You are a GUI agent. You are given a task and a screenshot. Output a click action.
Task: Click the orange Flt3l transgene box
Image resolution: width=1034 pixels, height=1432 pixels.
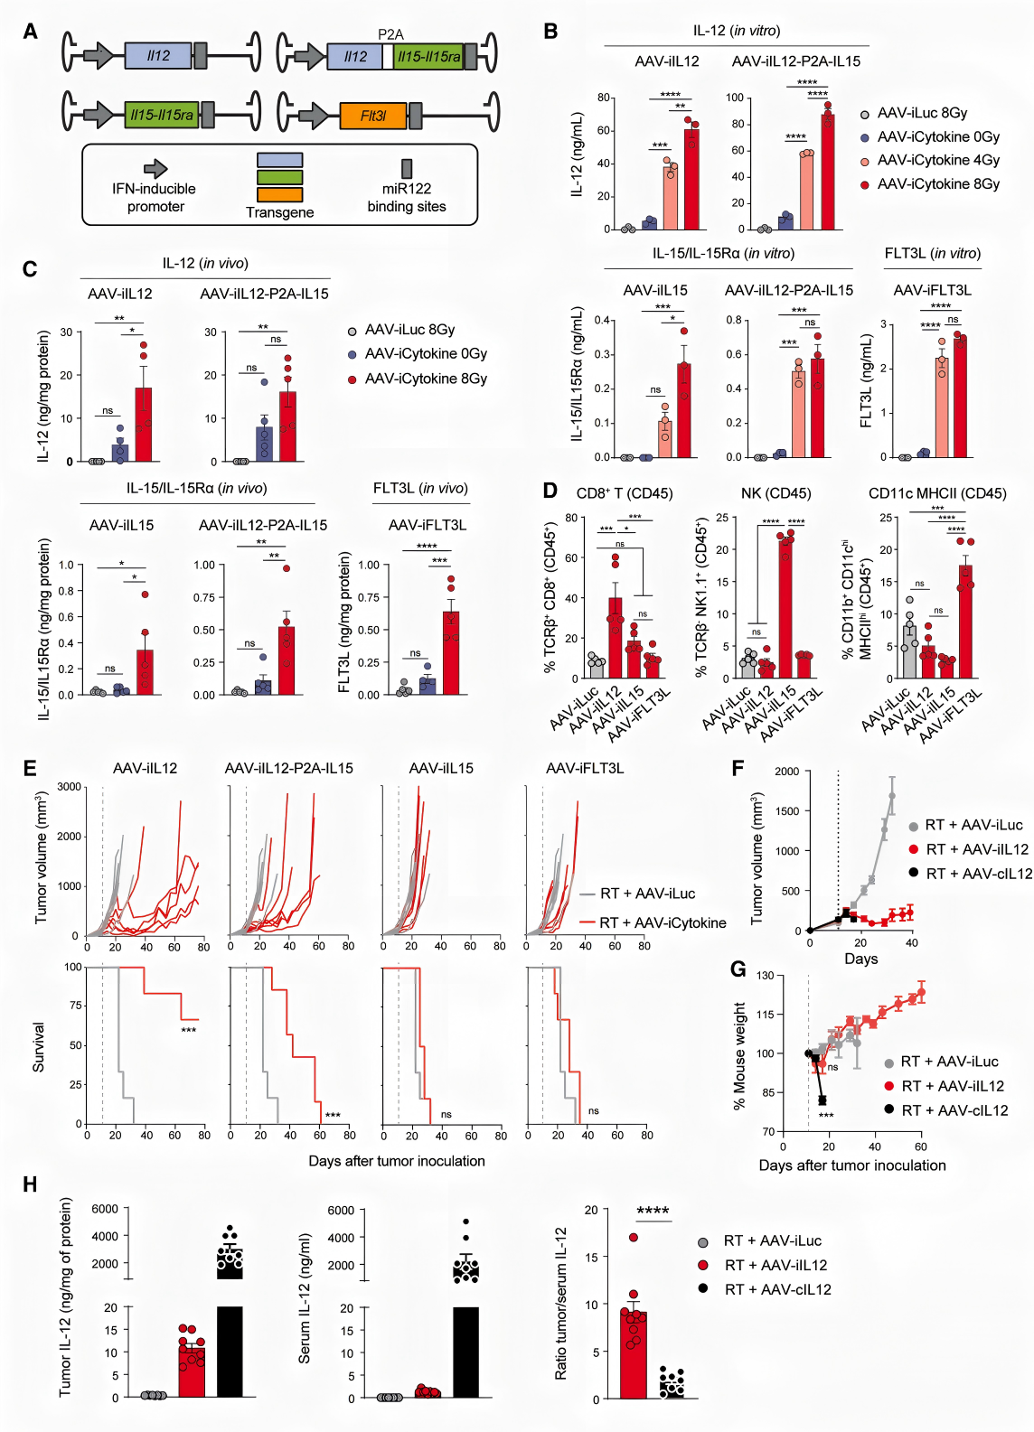tap(372, 116)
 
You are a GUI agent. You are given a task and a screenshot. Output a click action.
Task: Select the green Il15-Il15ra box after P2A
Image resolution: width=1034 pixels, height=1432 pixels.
tap(429, 56)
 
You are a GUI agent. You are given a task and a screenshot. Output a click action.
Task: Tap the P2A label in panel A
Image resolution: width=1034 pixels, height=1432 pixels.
tap(390, 34)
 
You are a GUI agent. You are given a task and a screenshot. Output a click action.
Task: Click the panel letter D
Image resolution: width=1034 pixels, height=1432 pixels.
tap(550, 491)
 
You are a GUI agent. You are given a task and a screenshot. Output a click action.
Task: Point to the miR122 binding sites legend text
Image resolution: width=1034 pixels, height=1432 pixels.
tap(407, 197)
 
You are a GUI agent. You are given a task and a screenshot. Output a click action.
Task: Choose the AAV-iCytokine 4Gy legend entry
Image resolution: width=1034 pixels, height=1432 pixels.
tap(937, 160)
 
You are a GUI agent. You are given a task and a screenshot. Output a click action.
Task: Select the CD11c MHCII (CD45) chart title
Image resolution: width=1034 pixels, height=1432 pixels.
tap(936, 493)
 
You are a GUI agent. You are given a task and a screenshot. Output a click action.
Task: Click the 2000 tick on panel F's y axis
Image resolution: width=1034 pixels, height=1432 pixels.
tap(786, 772)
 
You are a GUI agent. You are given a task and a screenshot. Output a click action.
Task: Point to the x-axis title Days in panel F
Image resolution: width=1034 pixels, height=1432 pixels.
tap(860, 959)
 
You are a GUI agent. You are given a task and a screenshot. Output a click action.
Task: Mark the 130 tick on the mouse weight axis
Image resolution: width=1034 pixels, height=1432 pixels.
tap(765, 976)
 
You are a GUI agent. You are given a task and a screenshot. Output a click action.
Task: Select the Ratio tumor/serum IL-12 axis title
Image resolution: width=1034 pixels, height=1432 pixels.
tap(561, 1303)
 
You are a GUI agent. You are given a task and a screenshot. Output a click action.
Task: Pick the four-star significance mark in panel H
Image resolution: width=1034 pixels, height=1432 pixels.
tap(653, 1211)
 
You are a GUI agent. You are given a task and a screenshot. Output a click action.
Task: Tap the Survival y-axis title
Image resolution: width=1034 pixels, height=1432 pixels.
tap(39, 1047)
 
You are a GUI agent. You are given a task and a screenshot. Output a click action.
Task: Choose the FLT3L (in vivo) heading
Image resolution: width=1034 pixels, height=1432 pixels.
tap(420, 488)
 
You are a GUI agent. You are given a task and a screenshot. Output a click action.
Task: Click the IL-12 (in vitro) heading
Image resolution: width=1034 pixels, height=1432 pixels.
tap(737, 31)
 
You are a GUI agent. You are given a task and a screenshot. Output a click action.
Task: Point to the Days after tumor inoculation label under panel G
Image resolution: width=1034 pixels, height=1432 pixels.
tap(851, 1165)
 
